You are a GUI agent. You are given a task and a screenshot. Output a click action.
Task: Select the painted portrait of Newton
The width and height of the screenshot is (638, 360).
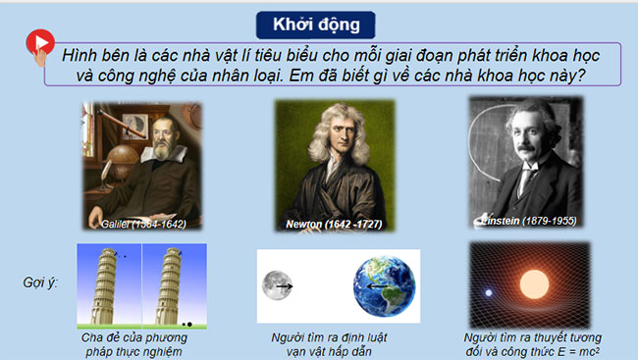(x=327, y=162)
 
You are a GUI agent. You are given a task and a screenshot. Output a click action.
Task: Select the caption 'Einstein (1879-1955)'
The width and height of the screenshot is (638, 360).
(x=530, y=220)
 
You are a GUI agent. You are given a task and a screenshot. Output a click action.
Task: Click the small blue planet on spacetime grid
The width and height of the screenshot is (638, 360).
(x=489, y=291)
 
